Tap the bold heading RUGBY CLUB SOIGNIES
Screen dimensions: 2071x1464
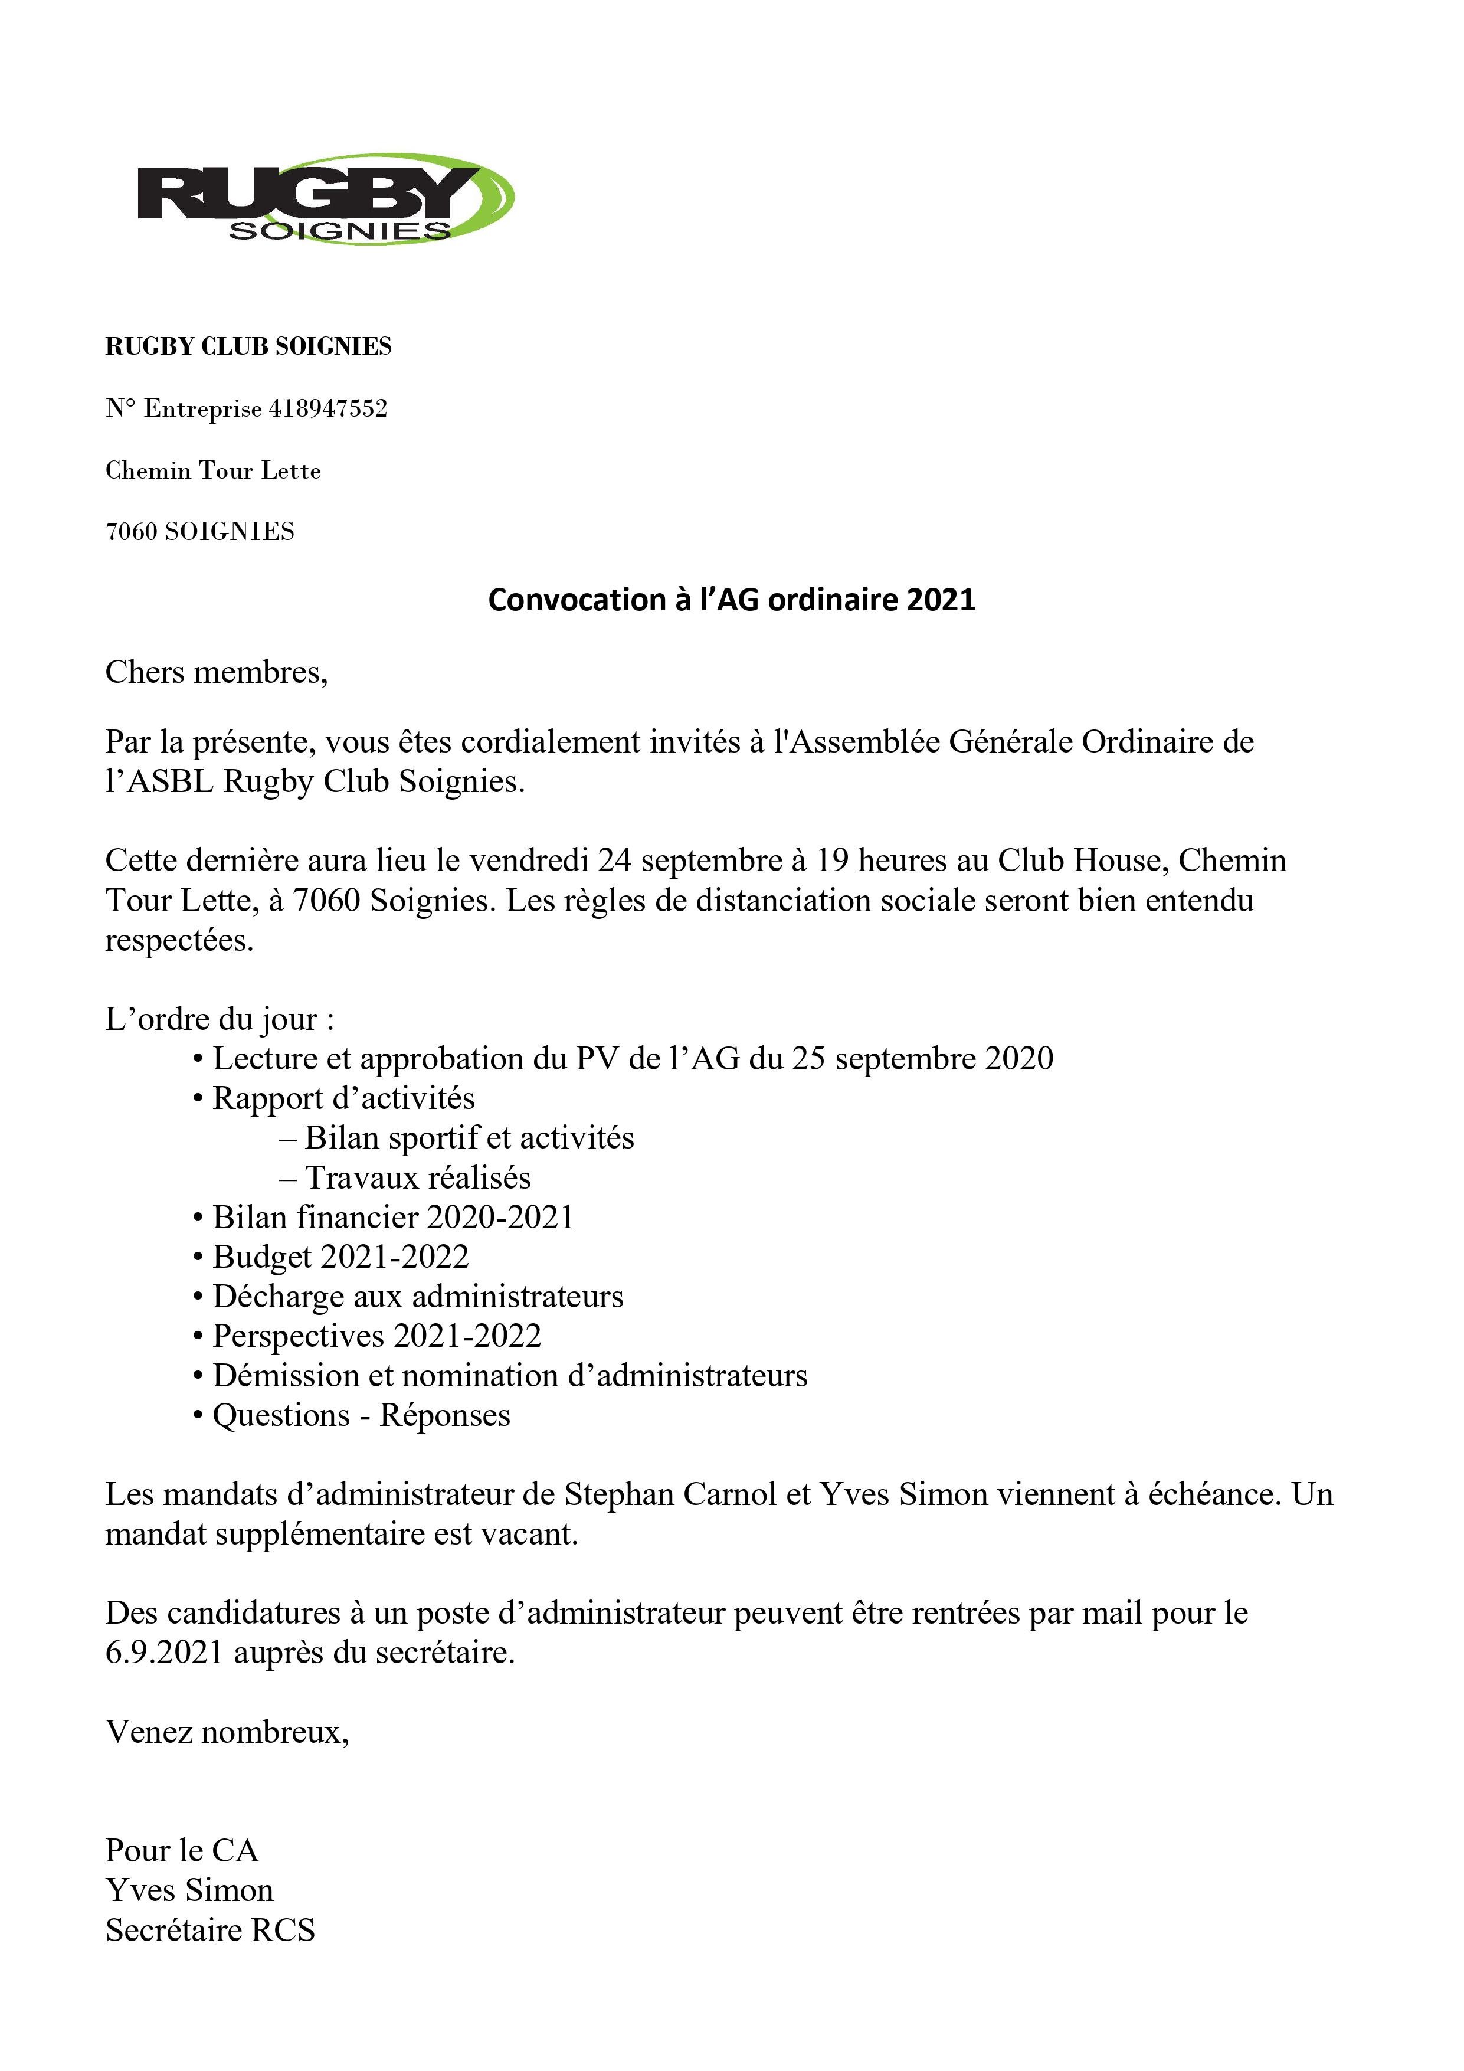point(248,346)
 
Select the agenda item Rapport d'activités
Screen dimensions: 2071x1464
point(343,1098)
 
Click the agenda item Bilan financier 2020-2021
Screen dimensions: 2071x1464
point(392,1218)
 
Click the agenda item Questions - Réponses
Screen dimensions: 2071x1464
point(361,1415)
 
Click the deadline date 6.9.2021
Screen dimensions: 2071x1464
point(163,1653)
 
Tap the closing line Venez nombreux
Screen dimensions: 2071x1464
point(227,1732)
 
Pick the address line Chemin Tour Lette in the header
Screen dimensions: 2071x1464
point(213,471)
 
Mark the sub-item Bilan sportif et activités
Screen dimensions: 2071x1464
point(469,1138)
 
